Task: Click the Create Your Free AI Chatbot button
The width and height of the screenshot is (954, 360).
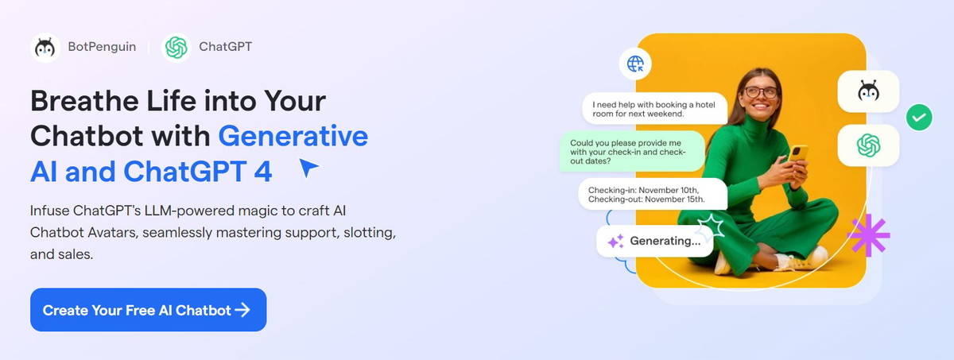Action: [148, 310]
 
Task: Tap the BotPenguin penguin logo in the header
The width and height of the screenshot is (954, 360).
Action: [45, 48]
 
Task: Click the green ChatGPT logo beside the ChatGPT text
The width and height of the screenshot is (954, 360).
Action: [176, 47]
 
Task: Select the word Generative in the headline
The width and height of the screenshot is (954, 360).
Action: [293, 136]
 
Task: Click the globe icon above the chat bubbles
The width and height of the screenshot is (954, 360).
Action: [635, 64]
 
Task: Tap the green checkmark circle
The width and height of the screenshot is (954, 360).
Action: [919, 117]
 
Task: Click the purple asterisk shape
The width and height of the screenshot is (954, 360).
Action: [868, 235]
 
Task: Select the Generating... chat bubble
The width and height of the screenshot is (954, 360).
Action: [654, 241]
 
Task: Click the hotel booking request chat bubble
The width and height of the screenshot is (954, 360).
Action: [654, 109]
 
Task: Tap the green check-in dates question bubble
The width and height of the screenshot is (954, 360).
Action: [632, 152]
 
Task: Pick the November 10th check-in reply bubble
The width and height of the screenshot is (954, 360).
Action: [653, 195]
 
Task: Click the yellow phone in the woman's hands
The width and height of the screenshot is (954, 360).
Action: [797, 153]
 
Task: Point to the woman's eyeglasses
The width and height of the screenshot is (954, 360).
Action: [761, 92]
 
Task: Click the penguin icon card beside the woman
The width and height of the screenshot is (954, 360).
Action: [868, 91]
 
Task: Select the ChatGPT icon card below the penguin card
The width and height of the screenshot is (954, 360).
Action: [868, 145]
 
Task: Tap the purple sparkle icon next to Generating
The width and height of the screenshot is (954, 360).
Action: [616, 242]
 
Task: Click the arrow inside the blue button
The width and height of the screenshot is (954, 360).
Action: [242, 310]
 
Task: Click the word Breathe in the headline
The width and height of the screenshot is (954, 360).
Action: [85, 101]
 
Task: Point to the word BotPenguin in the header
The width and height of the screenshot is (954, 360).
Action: [102, 46]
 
